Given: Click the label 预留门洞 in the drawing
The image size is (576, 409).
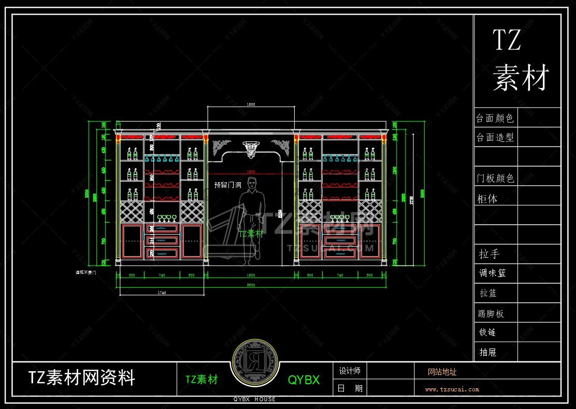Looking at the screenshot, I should [227, 184].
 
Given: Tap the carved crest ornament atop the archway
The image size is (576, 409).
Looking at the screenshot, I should [251, 148].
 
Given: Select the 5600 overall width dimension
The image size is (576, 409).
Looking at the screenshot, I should [251, 285].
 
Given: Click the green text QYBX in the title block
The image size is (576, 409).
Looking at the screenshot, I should [304, 379].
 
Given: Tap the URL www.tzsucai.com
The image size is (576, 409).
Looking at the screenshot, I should [452, 389].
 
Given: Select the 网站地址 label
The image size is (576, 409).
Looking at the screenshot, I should [442, 372].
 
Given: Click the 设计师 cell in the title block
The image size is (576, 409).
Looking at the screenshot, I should [350, 371].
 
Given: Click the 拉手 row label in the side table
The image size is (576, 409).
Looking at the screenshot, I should [489, 254].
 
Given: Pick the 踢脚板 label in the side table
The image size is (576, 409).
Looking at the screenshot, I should [491, 313].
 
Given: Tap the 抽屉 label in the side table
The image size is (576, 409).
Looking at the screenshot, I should [488, 352].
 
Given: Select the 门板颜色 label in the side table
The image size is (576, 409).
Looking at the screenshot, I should [495, 178].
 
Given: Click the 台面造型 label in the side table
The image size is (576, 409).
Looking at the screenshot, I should [495, 138].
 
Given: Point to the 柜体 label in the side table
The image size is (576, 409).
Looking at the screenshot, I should [487, 198].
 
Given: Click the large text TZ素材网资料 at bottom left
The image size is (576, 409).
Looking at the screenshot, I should [82, 377].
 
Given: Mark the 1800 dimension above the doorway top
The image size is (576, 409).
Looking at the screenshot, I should [251, 105].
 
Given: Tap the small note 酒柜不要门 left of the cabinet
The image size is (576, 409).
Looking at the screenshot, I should [85, 271].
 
